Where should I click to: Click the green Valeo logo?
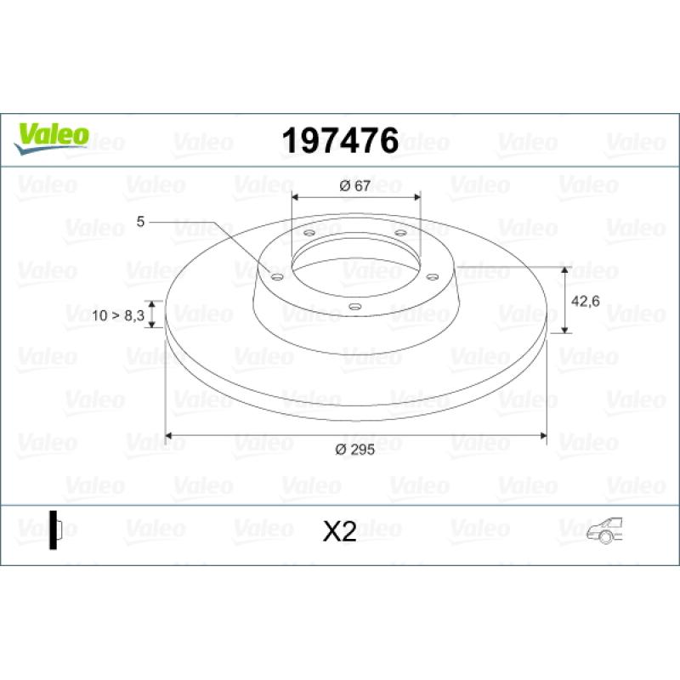point(52,139)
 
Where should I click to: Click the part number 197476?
point(340,140)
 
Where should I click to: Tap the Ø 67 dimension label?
point(355,186)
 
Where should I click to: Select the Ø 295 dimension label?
point(354,450)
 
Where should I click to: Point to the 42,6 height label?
point(585,301)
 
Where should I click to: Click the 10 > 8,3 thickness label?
point(118,315)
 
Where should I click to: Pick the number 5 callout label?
point(140,222)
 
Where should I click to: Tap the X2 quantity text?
point(339,532)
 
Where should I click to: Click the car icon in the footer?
point(604,530)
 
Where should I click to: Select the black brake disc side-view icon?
point(55,530)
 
